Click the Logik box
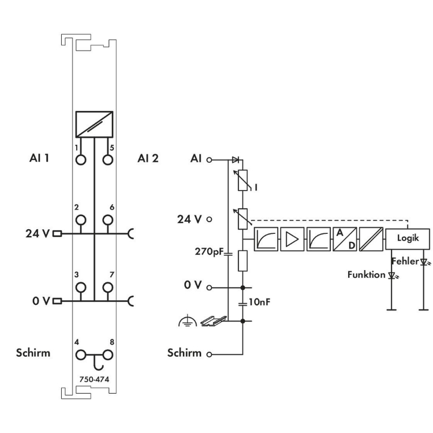tap(408, 238)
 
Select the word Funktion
tap(365, 275)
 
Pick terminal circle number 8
tap(107, 353)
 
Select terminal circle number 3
tap(81, 287)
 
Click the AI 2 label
tap(148, 159)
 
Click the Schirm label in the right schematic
tap(184, 353)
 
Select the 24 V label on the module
tap(38, 234)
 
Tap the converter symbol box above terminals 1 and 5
tap(94, 124)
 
